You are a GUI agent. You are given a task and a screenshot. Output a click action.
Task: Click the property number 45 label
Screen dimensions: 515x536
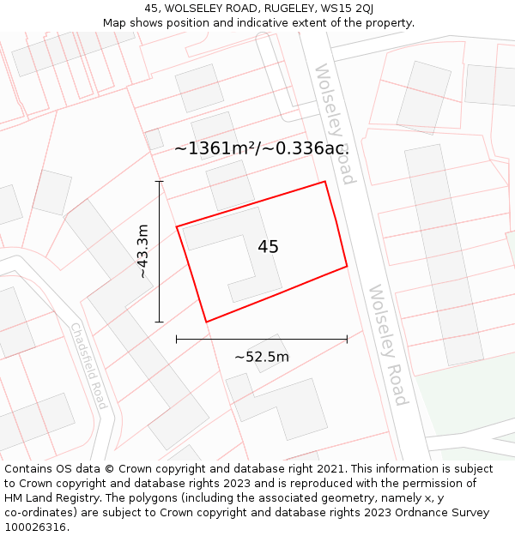click(x=268, y=247)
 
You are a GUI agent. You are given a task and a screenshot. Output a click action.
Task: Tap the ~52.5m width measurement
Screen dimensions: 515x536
click(x=262, y=357)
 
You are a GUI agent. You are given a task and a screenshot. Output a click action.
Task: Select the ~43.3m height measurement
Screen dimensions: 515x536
click(x=143, y=251)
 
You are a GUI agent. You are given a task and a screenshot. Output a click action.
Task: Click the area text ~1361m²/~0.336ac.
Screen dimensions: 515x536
click(x=262, y=148)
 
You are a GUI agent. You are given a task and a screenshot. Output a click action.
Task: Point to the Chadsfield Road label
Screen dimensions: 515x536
click(x=88, y=365)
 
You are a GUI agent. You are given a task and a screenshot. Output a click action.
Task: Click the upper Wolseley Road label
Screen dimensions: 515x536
click(x=335, y=124)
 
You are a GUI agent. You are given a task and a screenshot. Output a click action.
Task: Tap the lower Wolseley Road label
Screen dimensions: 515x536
click(x=388, y=345)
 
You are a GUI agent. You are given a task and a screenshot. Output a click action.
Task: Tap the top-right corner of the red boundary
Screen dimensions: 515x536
click(x=324, y=182)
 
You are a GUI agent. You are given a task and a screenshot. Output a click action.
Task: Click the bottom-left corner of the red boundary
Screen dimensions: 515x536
click(x=206, y=322)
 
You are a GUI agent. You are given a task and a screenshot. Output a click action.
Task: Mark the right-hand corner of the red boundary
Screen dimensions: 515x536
click(x=347, y=266)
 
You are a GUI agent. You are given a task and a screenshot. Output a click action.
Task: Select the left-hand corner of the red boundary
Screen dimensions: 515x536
click(x=177, y=226)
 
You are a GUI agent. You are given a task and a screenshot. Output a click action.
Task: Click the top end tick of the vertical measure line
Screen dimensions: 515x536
click(x=159, y=182)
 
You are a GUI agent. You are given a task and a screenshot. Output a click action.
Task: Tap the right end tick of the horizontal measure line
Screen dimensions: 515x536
click(x=347, y=340)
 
